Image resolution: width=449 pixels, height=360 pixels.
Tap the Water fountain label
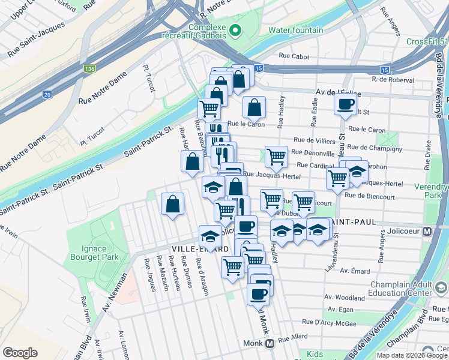[x=295, y=30]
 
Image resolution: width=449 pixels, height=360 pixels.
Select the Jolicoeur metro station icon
[x=427, y=231]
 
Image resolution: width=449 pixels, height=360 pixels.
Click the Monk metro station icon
[x=270, y=344]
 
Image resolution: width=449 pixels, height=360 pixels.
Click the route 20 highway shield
[x=47, y=94]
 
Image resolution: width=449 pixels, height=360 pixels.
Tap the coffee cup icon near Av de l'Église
[x=345, y=104]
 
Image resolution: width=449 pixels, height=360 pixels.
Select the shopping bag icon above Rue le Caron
[x=255, y=107]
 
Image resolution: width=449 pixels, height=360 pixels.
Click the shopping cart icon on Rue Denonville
[x=276, y=156]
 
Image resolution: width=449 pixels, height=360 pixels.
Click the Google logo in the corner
[x=20, y=352]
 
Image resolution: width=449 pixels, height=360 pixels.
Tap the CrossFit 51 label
[x=427, y=41]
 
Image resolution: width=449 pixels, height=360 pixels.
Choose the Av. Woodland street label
[x=345, y=297]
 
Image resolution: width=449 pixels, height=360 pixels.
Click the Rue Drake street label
[x=428, y=152]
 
